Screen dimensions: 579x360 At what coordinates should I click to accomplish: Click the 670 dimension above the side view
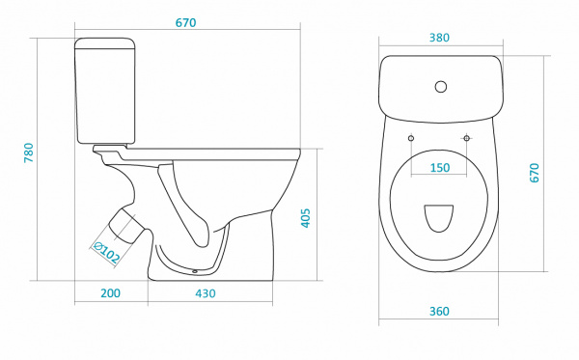(185, 23)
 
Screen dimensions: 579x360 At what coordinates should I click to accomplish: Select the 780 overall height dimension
(28, 152)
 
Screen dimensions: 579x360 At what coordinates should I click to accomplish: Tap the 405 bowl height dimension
(305, 218)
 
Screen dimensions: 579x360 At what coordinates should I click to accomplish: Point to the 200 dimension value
(110, 293)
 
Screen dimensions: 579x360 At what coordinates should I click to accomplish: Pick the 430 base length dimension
(206, 293)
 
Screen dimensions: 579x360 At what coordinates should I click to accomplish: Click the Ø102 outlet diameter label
(107, 252)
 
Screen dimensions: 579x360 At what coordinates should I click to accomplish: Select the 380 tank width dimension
(439, 38)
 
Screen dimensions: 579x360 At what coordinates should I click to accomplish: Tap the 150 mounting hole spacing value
(440, 168)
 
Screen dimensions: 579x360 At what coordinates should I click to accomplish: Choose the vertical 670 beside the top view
(534, 173)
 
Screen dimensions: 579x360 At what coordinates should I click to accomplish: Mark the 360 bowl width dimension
(439, 312)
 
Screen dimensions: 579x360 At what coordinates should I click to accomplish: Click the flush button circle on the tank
(441, 87)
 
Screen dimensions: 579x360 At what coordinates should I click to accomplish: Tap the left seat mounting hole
(411, 138)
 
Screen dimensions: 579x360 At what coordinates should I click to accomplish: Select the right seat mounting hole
(467, 138)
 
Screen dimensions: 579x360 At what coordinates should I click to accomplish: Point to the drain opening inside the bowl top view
(439, 218)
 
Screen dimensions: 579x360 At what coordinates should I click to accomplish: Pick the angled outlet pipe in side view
(125, 226)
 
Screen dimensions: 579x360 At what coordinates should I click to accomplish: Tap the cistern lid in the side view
(105, 43)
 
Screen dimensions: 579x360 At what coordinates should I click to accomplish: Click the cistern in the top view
(441, 89)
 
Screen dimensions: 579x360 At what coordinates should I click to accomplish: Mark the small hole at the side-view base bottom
(195, 272)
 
